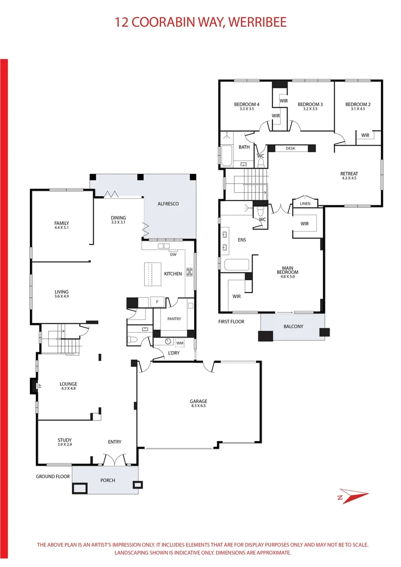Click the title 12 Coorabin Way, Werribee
pos(201,23)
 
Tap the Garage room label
pos(198,402)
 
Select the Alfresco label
pos(168,203)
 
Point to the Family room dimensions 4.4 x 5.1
pos(61,228)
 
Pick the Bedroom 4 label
pos(247,104)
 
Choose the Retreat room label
pos(349,174)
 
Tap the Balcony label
pos(293,327)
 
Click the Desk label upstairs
pos(290,149)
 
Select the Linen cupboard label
pos(305,204)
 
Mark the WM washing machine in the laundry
pos(180,343)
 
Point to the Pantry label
pos(174,319)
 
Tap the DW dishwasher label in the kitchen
pos(173,255)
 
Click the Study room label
pos(65,440)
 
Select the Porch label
pos(107,480)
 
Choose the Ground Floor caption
pos(53,477)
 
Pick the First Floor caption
pos(231,321)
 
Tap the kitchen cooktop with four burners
pos(189,272)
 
